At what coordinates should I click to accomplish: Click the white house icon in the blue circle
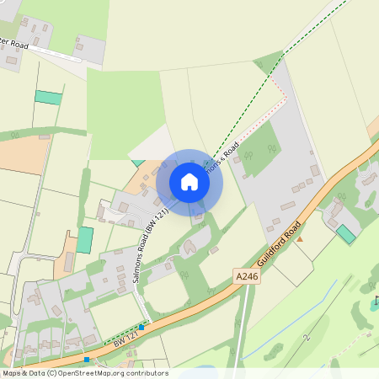click(x=189, y=182)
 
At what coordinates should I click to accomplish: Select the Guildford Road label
click(x=280, y=245)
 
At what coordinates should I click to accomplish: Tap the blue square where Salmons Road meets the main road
click(x=141, y=325)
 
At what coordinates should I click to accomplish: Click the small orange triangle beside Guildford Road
click(x=299, y=239)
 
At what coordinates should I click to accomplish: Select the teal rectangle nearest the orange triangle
click(x=345, y=234)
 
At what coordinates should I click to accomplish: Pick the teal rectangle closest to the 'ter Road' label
click(x=48, y=97)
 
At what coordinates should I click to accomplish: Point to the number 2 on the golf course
click(x=308, y=336)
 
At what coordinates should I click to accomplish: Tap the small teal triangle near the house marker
click(x=137, y=161)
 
